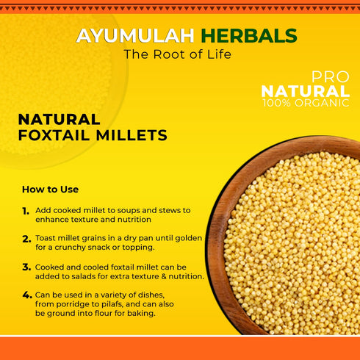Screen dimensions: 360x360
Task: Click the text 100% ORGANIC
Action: tap(306, 103)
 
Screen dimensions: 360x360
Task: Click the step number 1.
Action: tap(26, 211)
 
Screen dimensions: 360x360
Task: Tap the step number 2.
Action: tap(26, 240)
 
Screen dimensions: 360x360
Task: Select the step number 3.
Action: tap(26, 267)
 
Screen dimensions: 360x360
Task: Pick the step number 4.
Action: tap(26, 295)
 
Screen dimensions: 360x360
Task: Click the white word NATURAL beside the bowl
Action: tap(306, 90)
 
